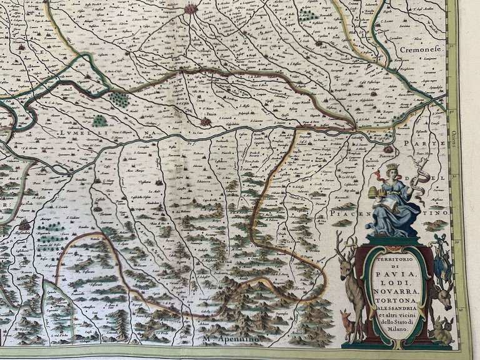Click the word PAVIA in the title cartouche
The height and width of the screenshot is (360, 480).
pyautogui.click(x=394, y=273)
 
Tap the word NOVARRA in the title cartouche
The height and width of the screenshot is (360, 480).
pyautogui.click(x=394, y=293)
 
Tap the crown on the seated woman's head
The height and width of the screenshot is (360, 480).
pyautogui.click(x=392, y=167)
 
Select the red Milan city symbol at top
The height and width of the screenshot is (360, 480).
pyautogui.click(x=190, y=9)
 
